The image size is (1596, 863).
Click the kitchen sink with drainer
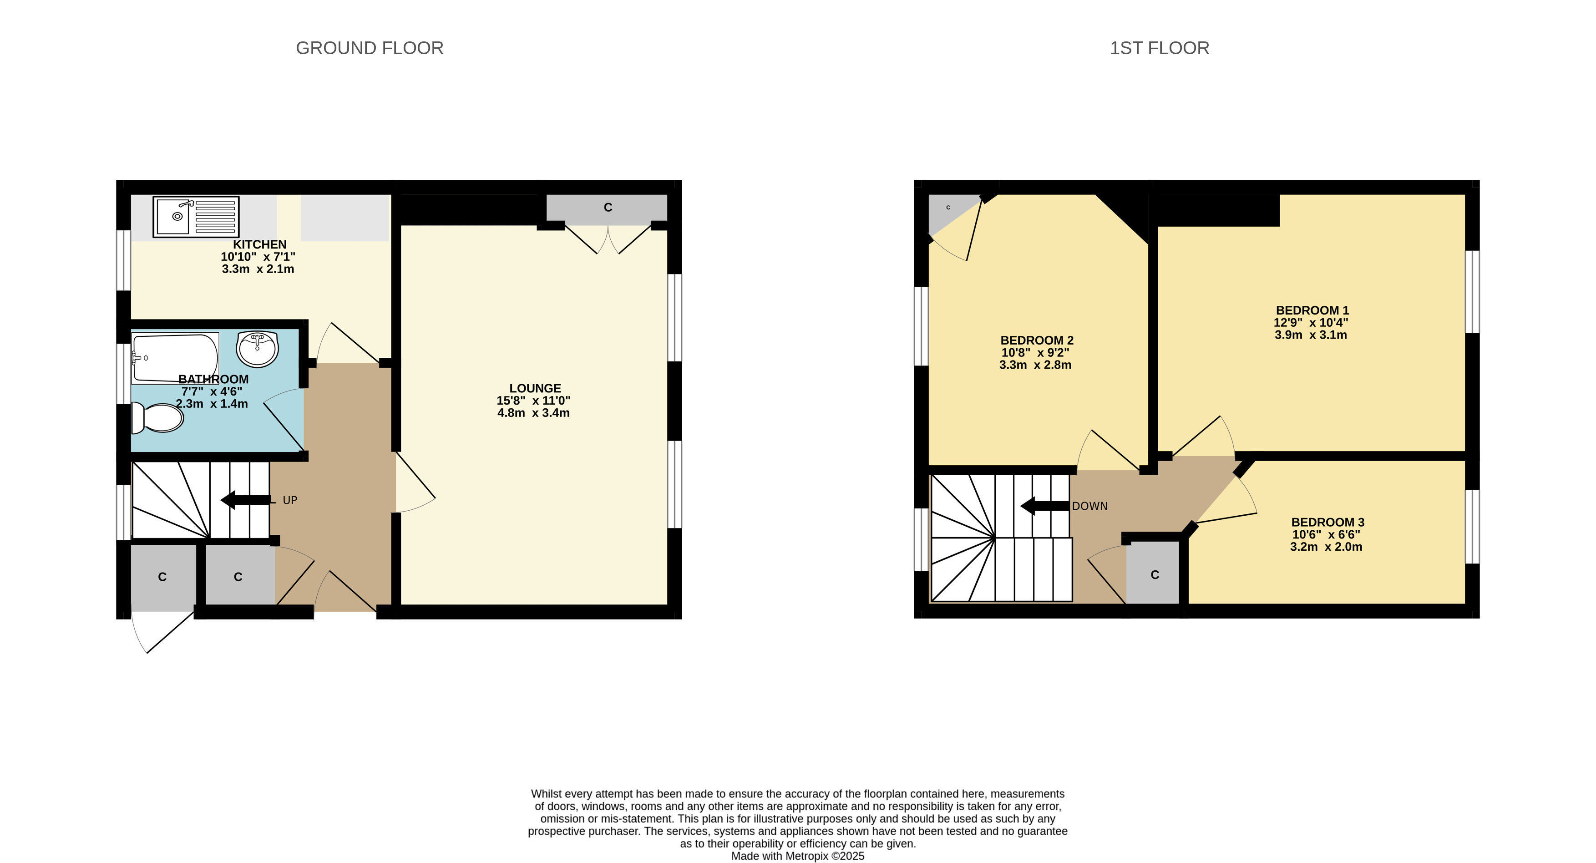pyautogui.click(x=196, y=217)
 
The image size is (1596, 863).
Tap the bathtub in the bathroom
pyautogui.click(x=175, y=358)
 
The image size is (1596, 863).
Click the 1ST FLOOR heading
pyautogui.click(x=1159, y=48)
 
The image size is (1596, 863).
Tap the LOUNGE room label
pyautogui.click(x=535, y=388)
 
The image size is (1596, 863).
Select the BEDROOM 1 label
pyautogui.click(x=1312, y=310)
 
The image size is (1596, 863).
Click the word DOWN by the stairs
pyautogui.click(x=1090, y=506)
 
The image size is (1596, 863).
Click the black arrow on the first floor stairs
pyautogui.click(x=1044, y=506)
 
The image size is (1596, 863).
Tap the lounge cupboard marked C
pyautogui.click(x=607, y=208)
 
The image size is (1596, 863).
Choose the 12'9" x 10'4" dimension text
pyautogui.click(x=1311, y=323)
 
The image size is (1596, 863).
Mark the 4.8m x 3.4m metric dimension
pyautogui.click(x=533, y=413)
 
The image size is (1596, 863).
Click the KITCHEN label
pyautogui.click(x=259, y=245)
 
